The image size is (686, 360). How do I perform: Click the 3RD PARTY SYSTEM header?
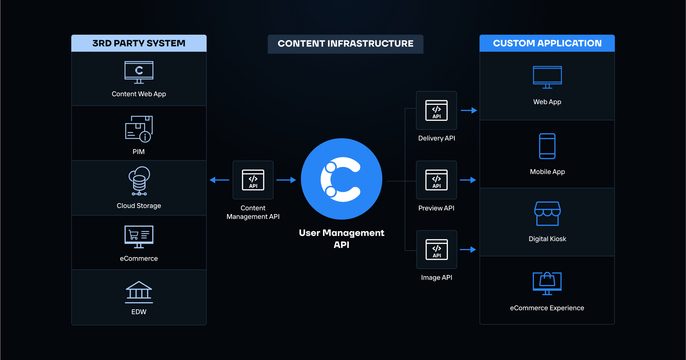pos(139,43)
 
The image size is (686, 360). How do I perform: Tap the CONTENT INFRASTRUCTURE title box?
pos(345,44)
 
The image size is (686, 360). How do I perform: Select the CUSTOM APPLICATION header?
pos(547,43)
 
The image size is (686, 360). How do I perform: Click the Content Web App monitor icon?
pos(139,72)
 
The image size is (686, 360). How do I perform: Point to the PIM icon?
pos(139,129)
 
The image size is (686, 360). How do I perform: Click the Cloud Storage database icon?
pos(139,181)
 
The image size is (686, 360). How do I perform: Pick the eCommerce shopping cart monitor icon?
pos(139,237)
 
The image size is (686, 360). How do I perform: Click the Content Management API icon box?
pos(253,180)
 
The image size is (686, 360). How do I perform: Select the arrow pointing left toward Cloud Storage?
pos(219,180)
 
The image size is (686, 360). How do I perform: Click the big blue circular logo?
pos(341,179)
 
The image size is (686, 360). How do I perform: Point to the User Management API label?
pos(341,238)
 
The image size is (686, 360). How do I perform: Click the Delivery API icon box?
pos(437,110)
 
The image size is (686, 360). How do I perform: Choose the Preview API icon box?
pos(437,180)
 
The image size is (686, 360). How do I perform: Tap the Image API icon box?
pos(437,250)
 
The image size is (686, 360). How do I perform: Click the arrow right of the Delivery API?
pos(469,110)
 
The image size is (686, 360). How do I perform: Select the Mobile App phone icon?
pos(547,146)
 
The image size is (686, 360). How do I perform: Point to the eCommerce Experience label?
pos(547,308)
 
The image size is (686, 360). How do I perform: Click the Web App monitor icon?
pos(547,77)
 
